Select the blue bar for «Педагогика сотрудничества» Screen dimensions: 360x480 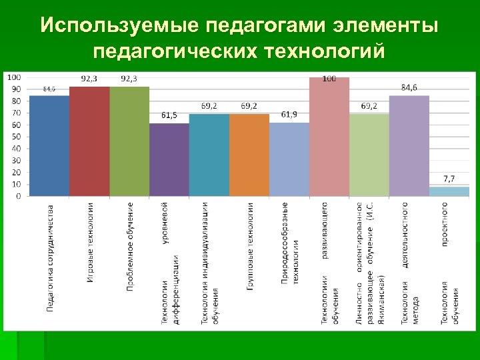tap(49, 146)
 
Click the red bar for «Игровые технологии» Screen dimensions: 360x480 tap(89, 141)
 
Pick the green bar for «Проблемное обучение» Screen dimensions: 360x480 tap(129, 141)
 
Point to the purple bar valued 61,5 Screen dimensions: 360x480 tap(169, 160)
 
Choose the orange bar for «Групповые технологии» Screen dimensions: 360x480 tap(249, 155)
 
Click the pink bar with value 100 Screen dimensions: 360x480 tap(329, 137)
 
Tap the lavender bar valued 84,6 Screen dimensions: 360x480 tap(409, 146)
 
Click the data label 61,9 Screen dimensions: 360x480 tap(289, 115)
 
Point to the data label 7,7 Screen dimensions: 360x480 tap(449, 179)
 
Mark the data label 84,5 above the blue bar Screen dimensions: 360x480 tap(49, 89)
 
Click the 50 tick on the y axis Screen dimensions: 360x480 tap(15, 137)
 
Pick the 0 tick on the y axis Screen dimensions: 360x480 tap(17, 196)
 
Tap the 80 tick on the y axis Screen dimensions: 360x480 tap(15, 101)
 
